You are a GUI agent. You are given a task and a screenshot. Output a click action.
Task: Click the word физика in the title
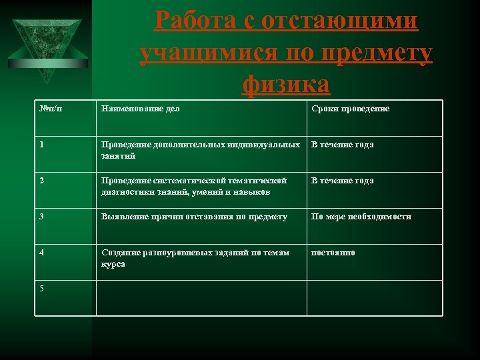286,84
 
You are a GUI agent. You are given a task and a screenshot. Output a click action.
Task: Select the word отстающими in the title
340,21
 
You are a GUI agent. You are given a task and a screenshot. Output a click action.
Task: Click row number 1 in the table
42,145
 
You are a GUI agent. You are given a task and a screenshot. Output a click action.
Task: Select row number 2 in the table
42,181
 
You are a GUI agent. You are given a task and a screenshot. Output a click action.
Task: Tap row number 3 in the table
42,217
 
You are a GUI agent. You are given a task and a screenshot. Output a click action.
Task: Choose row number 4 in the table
42,253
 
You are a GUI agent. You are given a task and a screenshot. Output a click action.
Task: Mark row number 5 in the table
42,288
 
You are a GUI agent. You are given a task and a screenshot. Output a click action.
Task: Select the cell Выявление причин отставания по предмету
194,217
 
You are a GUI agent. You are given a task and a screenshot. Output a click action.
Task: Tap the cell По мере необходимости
361,217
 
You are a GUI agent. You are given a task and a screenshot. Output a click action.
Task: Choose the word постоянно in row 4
333,253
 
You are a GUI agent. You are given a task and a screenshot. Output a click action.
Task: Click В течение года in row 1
342,145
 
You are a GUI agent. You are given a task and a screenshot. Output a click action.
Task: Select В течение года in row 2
342,181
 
